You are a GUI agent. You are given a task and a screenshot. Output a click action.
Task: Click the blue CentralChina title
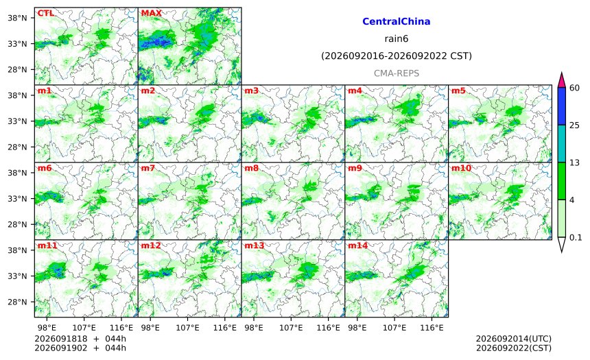click(397, 21)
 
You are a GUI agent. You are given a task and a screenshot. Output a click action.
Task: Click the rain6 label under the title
click(397, 39)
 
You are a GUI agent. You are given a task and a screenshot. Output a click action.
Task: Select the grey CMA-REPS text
click(397, 73)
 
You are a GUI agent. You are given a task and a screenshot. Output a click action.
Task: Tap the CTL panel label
click(46, 13)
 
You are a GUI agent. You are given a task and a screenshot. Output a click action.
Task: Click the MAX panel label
click(151, 13)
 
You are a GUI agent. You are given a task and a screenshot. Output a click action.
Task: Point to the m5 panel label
click(458, 91)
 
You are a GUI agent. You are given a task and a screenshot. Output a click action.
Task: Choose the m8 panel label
click(252, 168)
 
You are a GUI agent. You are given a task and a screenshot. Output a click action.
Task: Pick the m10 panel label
click(461, 168)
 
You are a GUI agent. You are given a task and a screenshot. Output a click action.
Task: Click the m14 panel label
click(358, 245)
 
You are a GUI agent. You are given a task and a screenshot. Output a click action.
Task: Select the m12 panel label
click(151, 245)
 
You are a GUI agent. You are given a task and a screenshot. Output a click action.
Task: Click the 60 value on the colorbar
click(575, 88)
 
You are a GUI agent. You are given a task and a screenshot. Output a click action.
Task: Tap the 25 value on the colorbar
click(575, 125)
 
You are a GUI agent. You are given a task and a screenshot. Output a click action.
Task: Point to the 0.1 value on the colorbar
click(576, 237)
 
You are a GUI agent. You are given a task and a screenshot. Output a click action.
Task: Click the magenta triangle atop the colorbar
click(562, 80)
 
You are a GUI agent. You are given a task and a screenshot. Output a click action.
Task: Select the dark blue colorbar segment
click(562, 106)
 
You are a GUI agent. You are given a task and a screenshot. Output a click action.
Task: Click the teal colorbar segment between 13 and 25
click(562, 143)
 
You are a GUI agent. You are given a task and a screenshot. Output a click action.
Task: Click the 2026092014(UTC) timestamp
click(514, 339)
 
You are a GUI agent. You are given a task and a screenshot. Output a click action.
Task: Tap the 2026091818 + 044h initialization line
click(80, 339)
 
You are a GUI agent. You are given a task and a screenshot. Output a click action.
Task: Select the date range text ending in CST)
click(397, 56)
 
